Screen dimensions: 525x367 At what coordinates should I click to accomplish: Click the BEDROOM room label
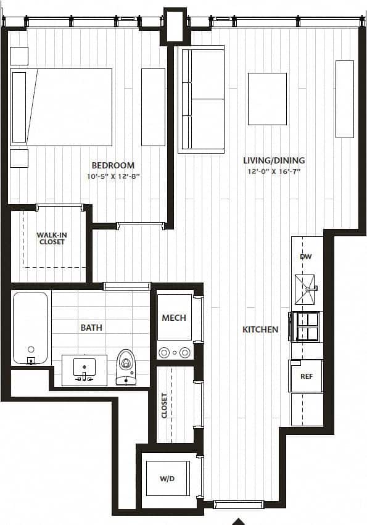click(113, 165)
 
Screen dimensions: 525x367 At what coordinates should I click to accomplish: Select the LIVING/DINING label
click(273, 160)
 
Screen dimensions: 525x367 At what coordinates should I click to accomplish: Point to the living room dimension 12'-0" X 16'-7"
click(273, 172)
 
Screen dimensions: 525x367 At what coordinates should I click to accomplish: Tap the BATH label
click(91, 328)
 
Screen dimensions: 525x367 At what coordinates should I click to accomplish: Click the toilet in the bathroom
click(126, 366)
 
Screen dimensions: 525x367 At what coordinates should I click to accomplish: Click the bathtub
click(30, 328)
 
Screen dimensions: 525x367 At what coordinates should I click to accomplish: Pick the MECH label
click(174, 318)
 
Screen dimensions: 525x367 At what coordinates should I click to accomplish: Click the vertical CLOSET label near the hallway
click(164, 405)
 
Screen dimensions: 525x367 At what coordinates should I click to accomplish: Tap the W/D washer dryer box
click(167, 478)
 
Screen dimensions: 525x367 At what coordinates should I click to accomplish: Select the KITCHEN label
click(260, 330)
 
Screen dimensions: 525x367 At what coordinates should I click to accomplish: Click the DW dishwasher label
click(305, 257)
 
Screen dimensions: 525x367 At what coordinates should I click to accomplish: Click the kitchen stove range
click(307, 326)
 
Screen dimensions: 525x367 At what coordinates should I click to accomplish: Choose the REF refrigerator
click(307, 376)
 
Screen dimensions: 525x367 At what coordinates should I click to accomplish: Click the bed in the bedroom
click(61, 107)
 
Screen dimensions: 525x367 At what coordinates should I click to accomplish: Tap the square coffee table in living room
click(267, 99)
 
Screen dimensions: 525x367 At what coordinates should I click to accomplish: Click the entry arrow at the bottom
click(239, 521)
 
